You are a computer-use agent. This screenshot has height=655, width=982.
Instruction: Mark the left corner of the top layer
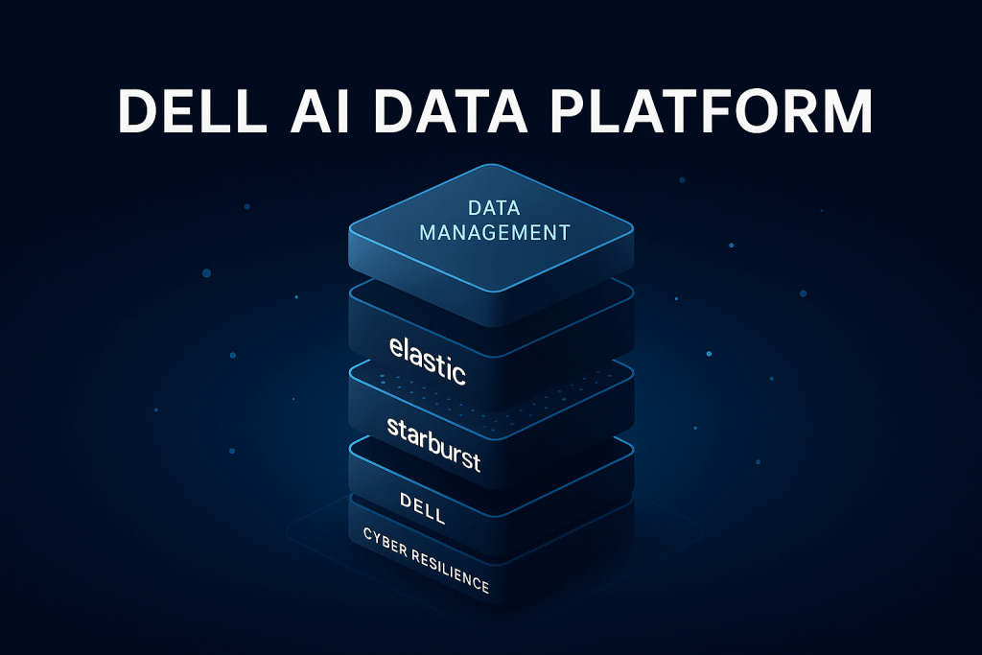point(351,227)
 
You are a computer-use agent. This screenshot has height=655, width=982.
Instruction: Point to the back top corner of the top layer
point(491,167)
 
